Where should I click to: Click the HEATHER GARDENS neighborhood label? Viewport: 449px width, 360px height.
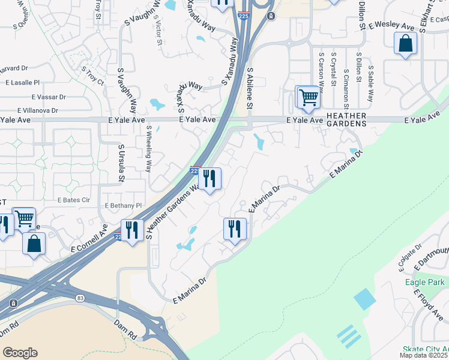[x=346, y=119]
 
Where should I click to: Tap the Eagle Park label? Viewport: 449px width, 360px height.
[x=424, y=282]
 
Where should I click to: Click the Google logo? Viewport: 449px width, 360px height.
[x=20, y=353]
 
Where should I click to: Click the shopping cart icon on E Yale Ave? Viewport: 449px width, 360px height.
[x=309, y=97]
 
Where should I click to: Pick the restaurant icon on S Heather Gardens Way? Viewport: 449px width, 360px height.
[x=209, y=178]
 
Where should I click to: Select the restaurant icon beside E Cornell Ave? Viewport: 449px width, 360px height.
[x=131, y=230]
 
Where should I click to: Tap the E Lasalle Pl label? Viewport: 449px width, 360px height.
[x=21, y=82]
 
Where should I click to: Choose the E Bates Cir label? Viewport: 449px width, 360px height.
[x=73, y=199]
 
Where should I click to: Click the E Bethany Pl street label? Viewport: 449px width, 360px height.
[x=123, y=205]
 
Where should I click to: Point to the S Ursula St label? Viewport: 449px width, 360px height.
[x=121, y=163]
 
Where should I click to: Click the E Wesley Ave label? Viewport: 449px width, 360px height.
[x=392, y=26]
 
